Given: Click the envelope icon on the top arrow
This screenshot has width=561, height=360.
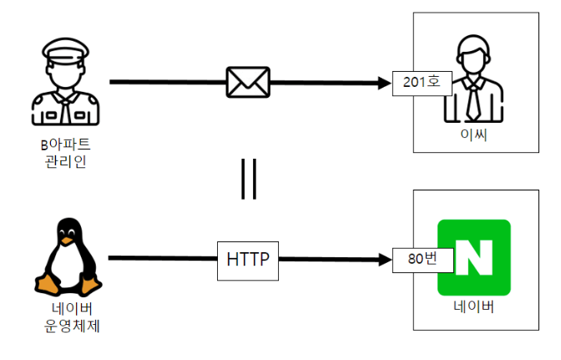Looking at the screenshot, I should [248, 82].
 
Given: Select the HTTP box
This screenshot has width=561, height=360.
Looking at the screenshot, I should [248, 259].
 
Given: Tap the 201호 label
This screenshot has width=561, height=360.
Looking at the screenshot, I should [422, 82].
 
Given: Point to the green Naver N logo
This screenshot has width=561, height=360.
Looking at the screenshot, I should [473, 257].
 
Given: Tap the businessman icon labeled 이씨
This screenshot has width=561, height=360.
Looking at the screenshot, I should [473, 79].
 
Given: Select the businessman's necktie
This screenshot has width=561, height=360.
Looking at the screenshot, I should [473, 100].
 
